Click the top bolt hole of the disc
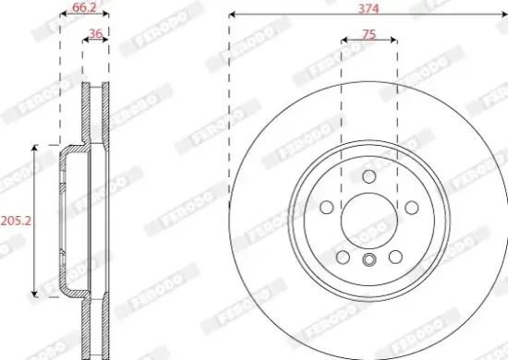369,176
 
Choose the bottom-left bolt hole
342,258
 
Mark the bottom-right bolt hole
396,258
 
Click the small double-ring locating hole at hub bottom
369,260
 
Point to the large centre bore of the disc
369,222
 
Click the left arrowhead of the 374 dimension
233,15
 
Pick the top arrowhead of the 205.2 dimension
35,148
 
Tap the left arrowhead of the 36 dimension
85,41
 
